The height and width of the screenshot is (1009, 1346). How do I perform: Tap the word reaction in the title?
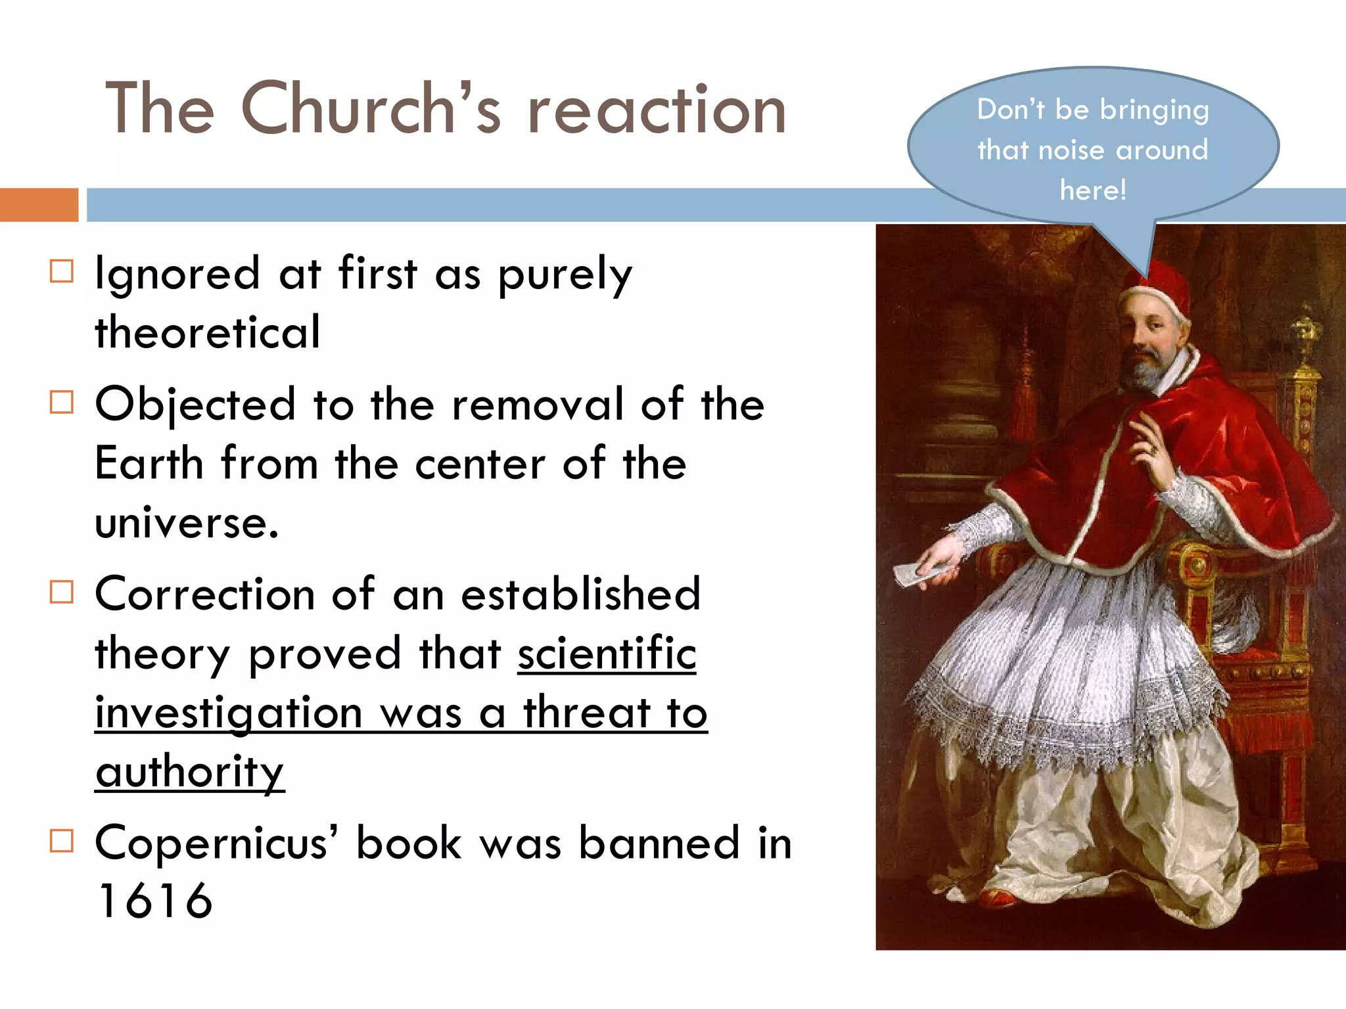[657, 110]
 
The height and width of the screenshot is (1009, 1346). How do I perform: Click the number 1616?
[154, 901]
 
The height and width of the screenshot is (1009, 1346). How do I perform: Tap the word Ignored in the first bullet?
[177, 274]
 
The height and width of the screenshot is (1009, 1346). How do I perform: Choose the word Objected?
[195, 405]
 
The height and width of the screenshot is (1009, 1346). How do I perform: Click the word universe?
[187, 523]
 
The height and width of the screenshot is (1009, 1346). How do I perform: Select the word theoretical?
[208, 332]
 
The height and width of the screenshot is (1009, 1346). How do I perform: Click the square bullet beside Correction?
[62, 592]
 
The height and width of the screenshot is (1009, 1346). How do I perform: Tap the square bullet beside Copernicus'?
[62, 841]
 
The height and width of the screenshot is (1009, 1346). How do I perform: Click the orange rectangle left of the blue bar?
[39, 205]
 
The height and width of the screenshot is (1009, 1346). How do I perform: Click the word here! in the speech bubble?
[1093, 191]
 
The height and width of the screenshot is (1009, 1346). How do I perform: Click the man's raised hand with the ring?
[1148, 447]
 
